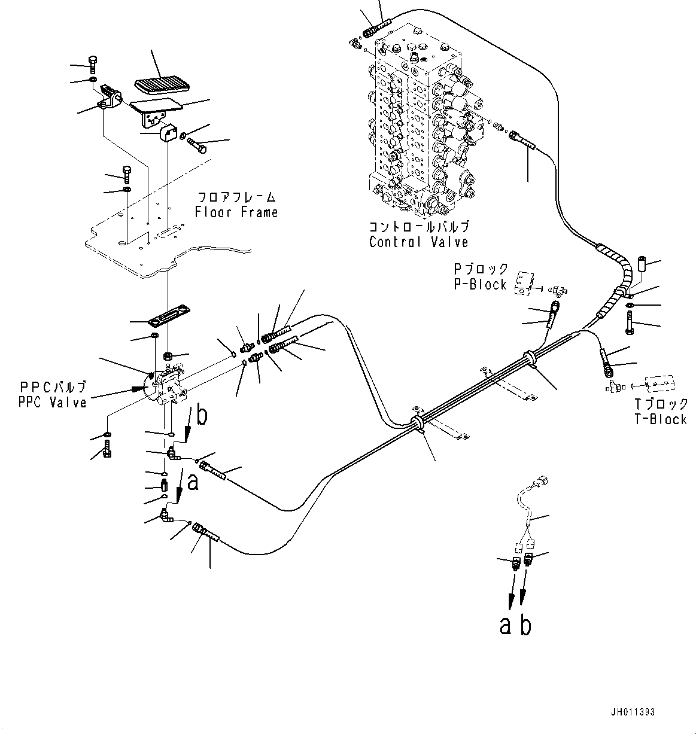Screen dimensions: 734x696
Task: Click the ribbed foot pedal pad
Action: [160, 85]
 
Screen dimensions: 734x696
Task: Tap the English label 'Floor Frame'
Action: [236, 212]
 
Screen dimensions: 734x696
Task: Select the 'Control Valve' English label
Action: [418, 242]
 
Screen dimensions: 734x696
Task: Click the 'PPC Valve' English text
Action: [52, 403]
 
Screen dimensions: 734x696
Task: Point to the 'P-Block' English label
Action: [480, 285]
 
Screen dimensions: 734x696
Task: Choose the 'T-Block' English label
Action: [661, 419]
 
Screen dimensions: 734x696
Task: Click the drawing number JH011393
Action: [633, 712]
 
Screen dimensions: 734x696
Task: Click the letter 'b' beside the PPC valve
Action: [202, 415]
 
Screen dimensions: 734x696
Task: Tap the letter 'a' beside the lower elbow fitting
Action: [193, 482]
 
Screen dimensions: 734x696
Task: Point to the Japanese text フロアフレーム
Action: [236, 197]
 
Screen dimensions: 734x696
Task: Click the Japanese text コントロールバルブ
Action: [418, 227]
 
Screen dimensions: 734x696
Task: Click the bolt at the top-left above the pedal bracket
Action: [92, 62]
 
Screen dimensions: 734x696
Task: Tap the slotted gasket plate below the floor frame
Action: [169, 313]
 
